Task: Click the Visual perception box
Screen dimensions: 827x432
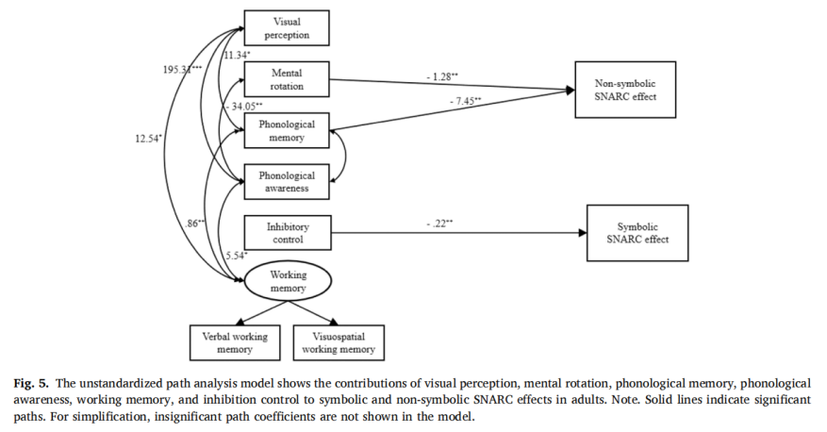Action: (287, 28)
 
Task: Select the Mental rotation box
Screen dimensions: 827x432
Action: (287, 79)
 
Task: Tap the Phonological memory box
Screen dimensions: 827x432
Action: (287, 130)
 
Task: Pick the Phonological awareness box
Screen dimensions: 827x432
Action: (287, 181)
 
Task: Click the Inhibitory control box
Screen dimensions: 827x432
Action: (288, 233)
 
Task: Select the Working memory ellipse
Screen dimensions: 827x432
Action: (288, 281)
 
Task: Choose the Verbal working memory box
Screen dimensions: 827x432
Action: (235, 342)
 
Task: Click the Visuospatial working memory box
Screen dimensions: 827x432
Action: (339, 342)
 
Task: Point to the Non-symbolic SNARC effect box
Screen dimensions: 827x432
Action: (625, 90)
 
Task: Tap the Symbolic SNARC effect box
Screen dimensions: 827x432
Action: (637, 233)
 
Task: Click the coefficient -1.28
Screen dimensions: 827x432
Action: (442, 77)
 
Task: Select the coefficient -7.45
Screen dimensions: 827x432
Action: (465, 101)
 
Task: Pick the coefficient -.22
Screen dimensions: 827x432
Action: (439, 224)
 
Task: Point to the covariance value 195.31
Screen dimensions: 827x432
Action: (182, 69)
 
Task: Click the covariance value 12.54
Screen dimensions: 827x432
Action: (148, 139)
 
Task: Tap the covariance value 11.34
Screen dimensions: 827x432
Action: (237, 55)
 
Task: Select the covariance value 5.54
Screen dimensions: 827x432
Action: (237, 256)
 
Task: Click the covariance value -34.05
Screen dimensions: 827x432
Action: (244, 107)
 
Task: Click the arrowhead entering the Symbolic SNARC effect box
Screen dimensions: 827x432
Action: (582, 233)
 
